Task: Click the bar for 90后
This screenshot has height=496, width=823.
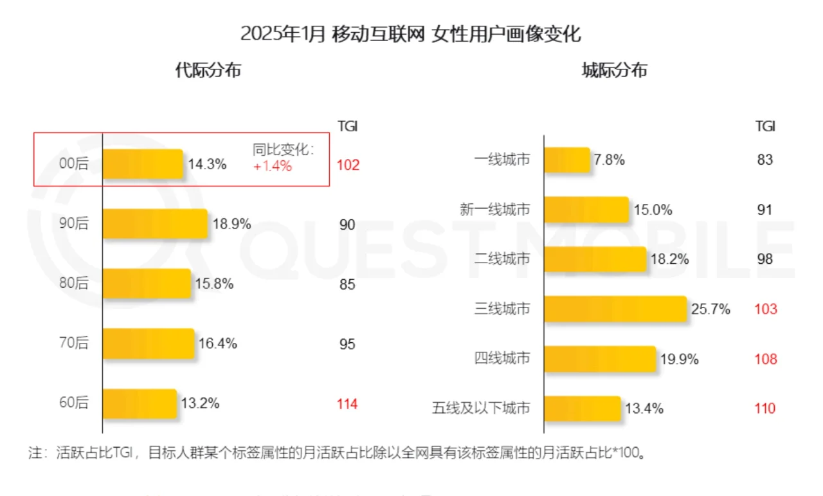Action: point(155,224)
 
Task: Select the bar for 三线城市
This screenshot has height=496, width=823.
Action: point(615,309)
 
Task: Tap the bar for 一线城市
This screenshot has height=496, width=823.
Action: point(566,160)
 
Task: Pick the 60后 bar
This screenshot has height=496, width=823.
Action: point(140,403)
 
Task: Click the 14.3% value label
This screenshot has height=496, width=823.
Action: point(207,164)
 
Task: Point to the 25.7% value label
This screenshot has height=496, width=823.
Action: point(710,309)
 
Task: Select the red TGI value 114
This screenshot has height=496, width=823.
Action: point(347,404)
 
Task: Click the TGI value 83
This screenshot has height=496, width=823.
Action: point(764,160)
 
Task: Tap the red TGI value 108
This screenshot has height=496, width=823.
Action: point(765,359)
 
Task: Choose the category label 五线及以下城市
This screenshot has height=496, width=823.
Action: point(482,409)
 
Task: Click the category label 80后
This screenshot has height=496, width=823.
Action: point(73,284)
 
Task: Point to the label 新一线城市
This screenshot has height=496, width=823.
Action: point(495,210)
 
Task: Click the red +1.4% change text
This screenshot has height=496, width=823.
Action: point(272,166)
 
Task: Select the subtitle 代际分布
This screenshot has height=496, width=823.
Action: point(208,70)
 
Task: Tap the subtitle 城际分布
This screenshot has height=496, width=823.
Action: point(614,70)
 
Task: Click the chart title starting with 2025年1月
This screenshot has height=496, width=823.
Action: point(410,33)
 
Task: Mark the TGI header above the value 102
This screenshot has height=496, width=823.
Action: point(347,127)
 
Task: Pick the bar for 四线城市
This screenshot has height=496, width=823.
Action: point(599,359)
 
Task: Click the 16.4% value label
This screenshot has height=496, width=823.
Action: point(217,344)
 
